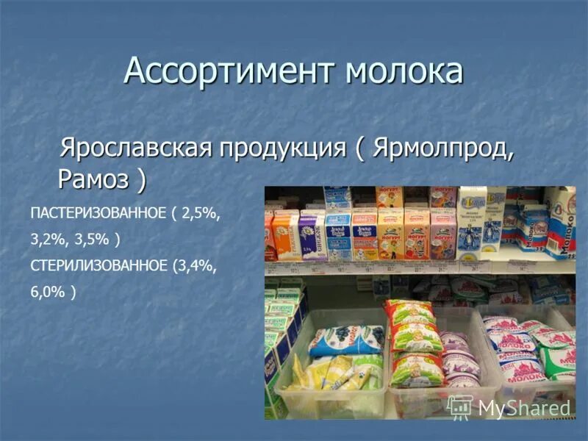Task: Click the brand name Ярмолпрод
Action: click(x=441, y=146)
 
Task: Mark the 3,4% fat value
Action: click(x=194, y=265)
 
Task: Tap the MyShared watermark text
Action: click(x=524, y=408)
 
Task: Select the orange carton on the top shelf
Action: click(x=283, y=235)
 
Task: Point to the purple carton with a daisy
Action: click(x=312, y=235)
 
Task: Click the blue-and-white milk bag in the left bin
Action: click(x=345, y=340)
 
